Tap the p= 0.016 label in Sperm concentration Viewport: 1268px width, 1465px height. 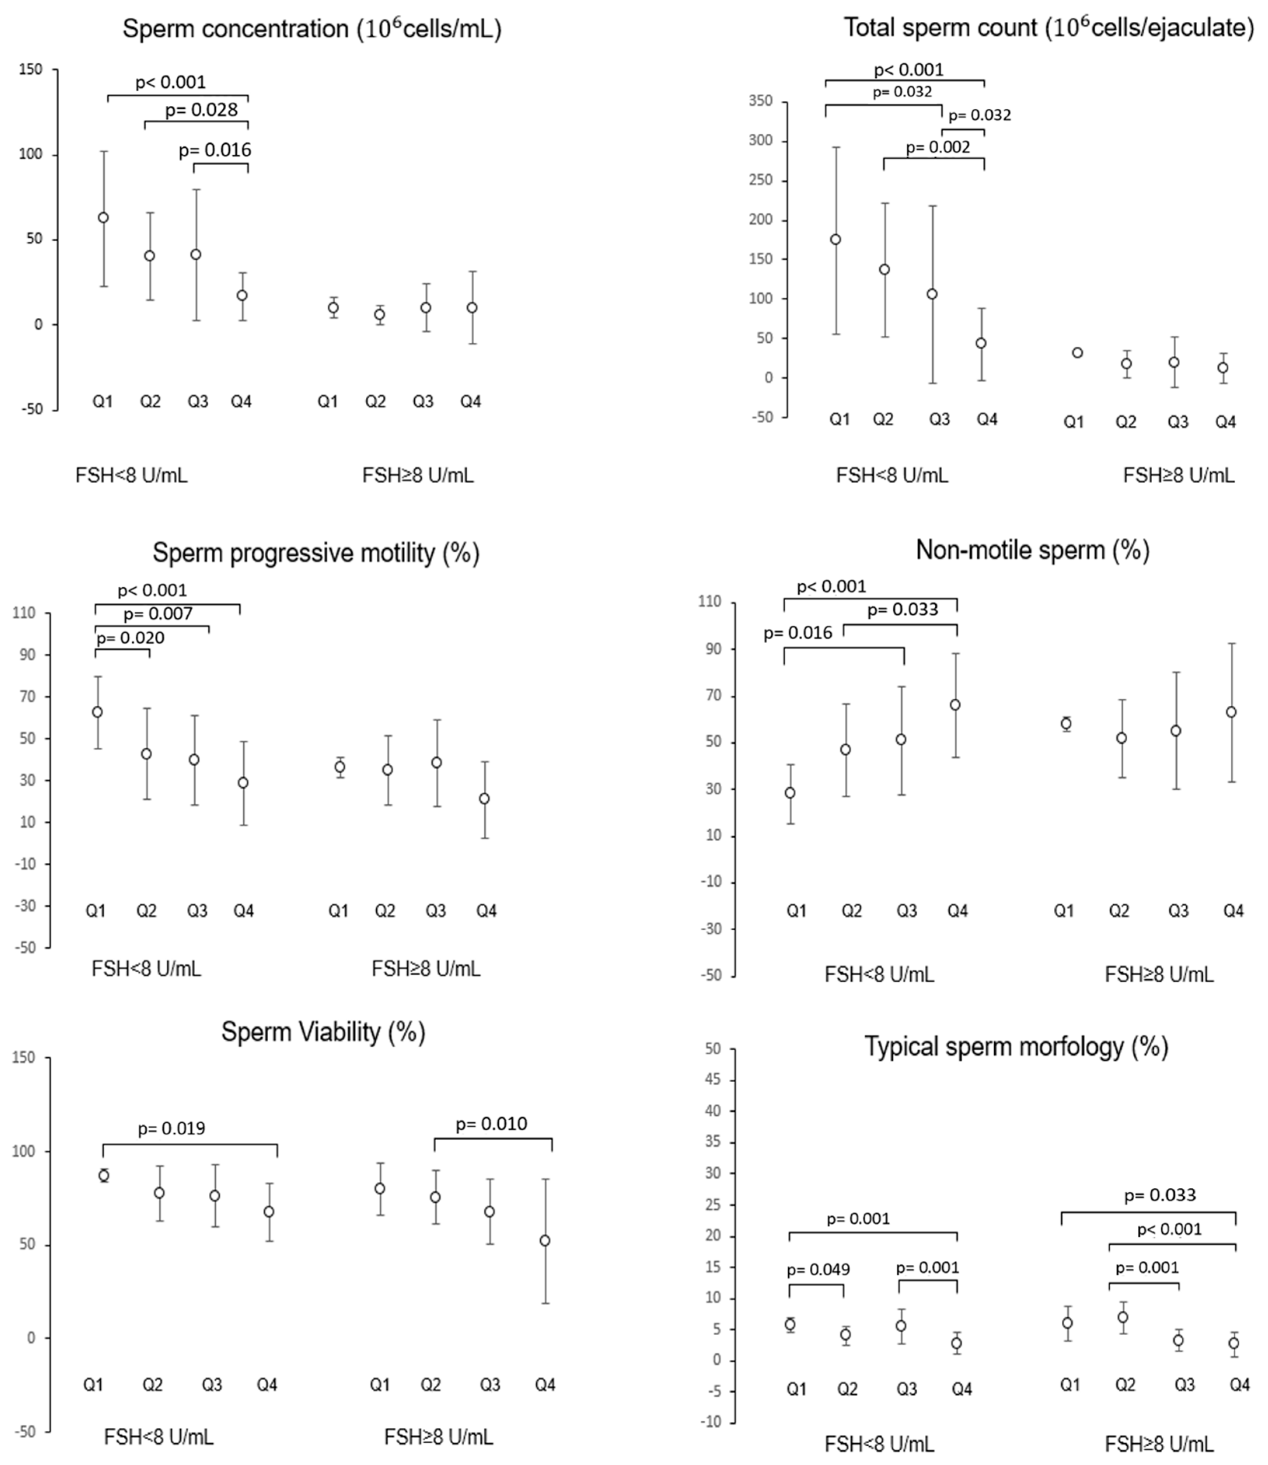click(x=215, y=150)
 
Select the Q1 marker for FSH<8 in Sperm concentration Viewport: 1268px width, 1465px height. click(x=103, y=218)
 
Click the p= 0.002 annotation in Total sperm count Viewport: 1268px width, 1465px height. click(x=938, y=147)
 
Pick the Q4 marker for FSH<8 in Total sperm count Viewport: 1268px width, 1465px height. click(x=981, y=343)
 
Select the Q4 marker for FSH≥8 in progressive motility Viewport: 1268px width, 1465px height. click(x=485, y=799)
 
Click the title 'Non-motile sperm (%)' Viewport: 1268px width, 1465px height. click(x=1032, y=549)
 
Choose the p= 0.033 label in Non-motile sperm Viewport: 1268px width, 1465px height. click(x=903, y=609)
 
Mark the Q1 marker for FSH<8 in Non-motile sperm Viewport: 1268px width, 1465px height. click(x=789, y=793)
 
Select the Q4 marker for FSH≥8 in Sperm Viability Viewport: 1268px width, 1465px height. click(x=545, y=1241)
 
